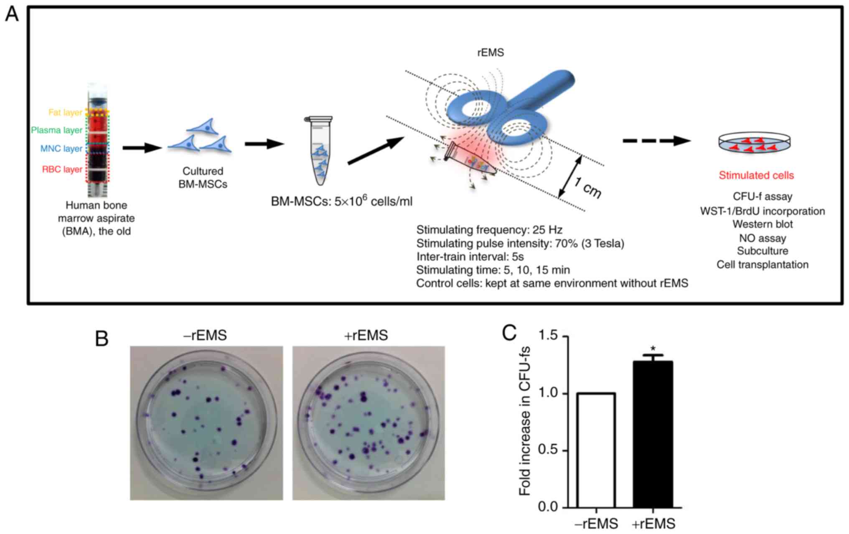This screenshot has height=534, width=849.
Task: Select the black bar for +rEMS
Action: coord(653,434)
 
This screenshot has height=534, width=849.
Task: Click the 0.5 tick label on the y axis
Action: coord(548,450)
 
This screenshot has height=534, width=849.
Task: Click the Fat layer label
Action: coord(65,112)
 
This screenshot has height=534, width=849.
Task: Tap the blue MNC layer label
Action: coord(61,149)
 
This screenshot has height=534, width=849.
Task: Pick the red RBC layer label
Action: coord(62,170)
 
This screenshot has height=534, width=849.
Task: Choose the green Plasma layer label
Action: coord(57,130)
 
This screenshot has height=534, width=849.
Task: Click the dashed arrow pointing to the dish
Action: coord(656,141)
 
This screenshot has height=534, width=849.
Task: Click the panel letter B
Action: coord(102,338)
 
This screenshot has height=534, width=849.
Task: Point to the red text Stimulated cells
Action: coord(756,175)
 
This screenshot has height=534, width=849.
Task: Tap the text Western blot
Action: coord(763,224)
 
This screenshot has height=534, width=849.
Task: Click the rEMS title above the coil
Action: coord(491,53)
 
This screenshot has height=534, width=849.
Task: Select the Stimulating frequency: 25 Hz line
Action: coord(489,230)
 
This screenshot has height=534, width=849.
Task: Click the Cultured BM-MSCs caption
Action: coord(203,177)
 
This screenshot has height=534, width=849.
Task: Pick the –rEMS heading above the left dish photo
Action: coord(205,335)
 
